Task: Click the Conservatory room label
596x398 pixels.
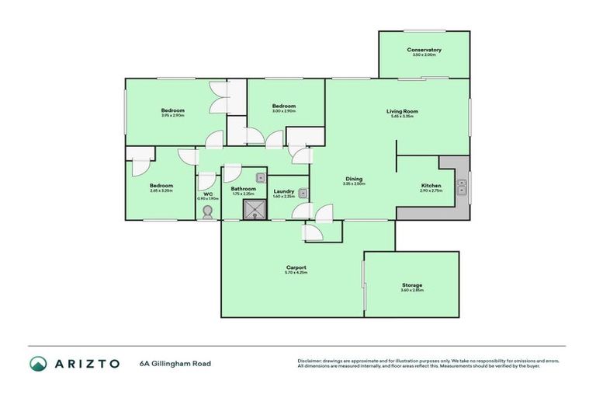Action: [424, 51]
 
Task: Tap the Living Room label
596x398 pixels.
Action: [401, 111]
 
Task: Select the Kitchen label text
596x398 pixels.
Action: [431, 186]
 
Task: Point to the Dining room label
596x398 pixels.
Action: [354, 180]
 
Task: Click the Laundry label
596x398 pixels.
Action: [283, 190]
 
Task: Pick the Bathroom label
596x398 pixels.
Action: [244, 189]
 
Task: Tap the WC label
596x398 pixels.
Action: [208, 194]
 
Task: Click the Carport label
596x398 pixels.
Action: [296, 267]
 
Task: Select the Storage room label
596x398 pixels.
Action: [412, 285]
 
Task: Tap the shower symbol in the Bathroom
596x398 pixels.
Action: [253, 208]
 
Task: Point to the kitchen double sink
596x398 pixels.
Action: [462, 187]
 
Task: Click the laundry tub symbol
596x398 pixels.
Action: [304, 193]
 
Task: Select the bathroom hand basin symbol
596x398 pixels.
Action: [260, 178]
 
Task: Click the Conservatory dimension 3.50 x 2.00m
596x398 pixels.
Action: [424, 56]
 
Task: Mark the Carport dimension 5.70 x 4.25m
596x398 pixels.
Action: [296, 273]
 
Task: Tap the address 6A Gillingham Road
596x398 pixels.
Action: [175, 363]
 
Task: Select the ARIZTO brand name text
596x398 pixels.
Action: [86, 363]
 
